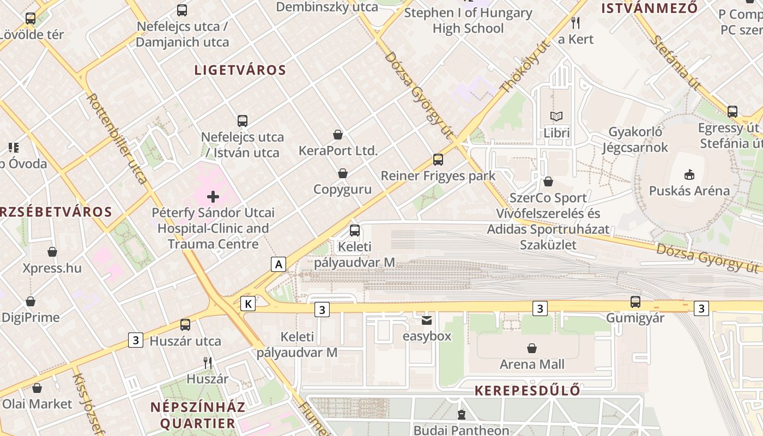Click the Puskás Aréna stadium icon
click(x=689, y=174)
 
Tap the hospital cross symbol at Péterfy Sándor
click(x=213, y=196)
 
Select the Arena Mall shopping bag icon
click(x=532, y=348)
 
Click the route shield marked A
click(x=278, y=265)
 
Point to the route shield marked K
click(x=248, y=304)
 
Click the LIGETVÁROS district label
click(x=240, y=70)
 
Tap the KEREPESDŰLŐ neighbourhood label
click(x=527, y=391)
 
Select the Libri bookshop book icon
click(x=556, y=116)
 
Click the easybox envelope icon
click(x=426, y=320)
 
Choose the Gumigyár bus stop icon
click(x=635, y=301)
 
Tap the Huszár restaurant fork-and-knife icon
click(x=207, y=362)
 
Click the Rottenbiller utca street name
click(x=118, y=138)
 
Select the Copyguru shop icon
click(x=342, y=174)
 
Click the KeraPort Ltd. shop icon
click(x=338, y=135)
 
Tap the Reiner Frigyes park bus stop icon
click(x=438, y=160)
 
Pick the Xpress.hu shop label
click(x=52, y=268)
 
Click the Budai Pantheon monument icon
click(x=462, y=415)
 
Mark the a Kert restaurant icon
click(x=576, y=23)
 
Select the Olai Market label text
click(x=37, y=404)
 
